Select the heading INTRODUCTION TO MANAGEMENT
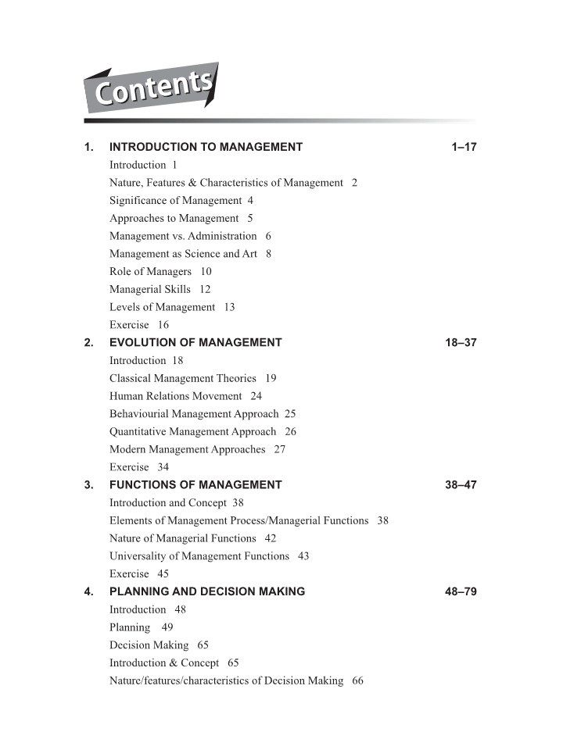(x=206, y=147)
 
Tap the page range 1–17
(x=464, y=147)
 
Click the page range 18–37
(x=461, y=343)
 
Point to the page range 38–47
(x=461, y=485)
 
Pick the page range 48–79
(x=461, y=592)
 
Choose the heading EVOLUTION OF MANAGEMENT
(x=195, y=343)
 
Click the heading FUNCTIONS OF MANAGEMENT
(x=195, y=485)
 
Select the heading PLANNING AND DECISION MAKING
(x=207, y=592)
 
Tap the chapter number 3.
(x=88, y=485)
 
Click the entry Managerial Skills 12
(x=160, y=289)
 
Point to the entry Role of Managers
(x=150, y=272)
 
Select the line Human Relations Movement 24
(x=185, y=396)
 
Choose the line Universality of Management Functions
(x=199, y=556)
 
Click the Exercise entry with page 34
(x=138, y=467)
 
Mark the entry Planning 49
(x=141, y=627)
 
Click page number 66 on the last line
(x=358, y=680)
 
